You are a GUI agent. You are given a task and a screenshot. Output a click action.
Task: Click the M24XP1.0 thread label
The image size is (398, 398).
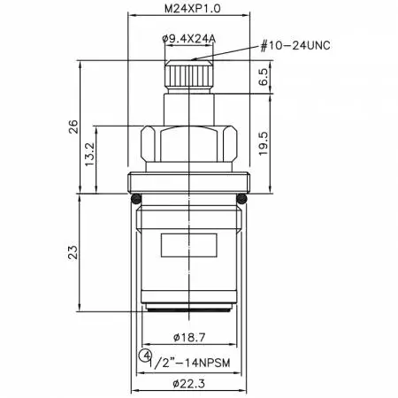click(192, 9)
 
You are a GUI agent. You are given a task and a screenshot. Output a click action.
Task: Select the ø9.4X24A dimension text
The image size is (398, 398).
click(189, 39)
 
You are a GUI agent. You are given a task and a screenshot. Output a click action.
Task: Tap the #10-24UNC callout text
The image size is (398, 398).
click(295, 46)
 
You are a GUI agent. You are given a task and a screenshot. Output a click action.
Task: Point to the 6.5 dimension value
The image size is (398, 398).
click(264, 77)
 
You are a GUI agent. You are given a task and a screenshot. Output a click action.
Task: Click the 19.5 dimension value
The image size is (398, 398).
click(264, 143)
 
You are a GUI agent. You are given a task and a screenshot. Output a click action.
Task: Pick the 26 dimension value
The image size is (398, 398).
click(73, 126)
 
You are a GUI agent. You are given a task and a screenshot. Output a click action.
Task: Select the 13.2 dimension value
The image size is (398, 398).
click(89, 154)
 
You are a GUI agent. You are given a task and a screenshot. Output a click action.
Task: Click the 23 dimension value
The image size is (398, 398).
click(73, 252)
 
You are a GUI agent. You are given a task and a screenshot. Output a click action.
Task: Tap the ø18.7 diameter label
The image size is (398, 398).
click(189, 337)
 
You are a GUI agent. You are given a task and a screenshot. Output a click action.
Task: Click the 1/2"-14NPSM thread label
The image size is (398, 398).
click(189, 363)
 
